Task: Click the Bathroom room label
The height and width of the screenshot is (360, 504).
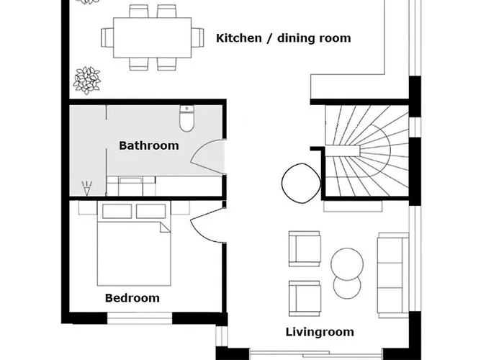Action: pyautogui.click(x=149, y=145)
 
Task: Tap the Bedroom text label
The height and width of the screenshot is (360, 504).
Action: pyautogui.click(x=132, y=298)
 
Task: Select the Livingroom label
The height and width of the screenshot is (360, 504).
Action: pyautogui.click(x=320, y=332)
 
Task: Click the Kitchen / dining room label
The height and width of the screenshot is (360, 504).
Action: pyautogui.click(x=283, y=38)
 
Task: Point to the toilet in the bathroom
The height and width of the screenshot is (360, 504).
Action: pyautogui.click(x=186, y=118)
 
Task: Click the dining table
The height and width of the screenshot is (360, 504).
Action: pyautogui.click(x=153, y=37)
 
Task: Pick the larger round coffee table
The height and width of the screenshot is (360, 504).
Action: pyautogui.click(x=347, y=264)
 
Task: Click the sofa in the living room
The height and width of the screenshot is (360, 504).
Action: pyautogui.click(x=393, y=273)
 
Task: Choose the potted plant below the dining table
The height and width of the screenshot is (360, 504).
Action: pyautogui.click(x=87, y=81)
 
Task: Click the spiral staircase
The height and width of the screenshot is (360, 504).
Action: pyautogui.click(x=366, y=150)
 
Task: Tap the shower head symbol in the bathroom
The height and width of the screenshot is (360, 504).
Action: pyautogui.click(x=86, y=189)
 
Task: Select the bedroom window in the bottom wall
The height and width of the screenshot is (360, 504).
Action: pyautogui.click(x=140, y=318)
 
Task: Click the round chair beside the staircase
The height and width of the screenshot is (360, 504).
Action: pyautogui.click(x=301, y=184)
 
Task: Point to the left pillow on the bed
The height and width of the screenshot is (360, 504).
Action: pyautogui.click(x=117, y=211)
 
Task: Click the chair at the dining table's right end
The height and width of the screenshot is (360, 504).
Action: pyautogui.click(x=198, y=37)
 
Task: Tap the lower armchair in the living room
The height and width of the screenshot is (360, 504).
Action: pyautogui.click(x=305, y=298)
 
